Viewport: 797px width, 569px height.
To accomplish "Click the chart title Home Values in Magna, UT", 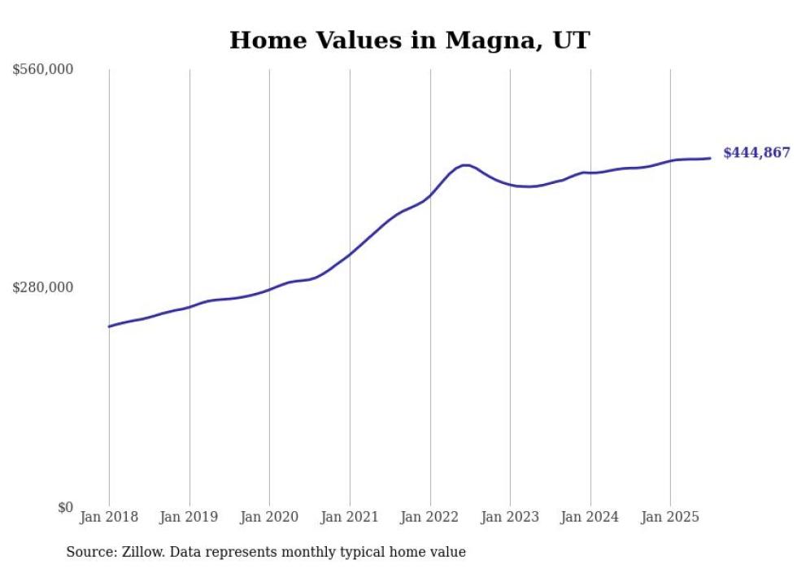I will [409, 40].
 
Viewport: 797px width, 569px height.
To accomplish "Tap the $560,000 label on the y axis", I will [43, 70].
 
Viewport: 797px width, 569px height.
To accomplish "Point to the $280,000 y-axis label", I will [43, 287].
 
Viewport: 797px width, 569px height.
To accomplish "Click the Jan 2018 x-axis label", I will [109, 517].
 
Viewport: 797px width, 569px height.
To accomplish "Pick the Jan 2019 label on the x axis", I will [189, 517].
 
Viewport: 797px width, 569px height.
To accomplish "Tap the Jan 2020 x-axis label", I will [269, 517].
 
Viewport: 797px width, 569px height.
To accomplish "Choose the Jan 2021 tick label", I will [350, 517].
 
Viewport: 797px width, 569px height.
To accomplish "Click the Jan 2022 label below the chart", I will [430, 517].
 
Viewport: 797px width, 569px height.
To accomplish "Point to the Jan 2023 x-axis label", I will [510, 517].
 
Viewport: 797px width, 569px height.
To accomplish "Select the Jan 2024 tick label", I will [590, 517].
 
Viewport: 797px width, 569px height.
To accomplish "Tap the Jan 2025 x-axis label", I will [670, 517].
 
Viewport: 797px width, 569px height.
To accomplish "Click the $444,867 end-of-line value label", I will [756, 153].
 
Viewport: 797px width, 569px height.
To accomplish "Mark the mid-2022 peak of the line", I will [464, 165].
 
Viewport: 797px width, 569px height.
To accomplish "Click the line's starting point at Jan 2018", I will [109, 326].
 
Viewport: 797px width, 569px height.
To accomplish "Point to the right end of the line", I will [711, 158].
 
